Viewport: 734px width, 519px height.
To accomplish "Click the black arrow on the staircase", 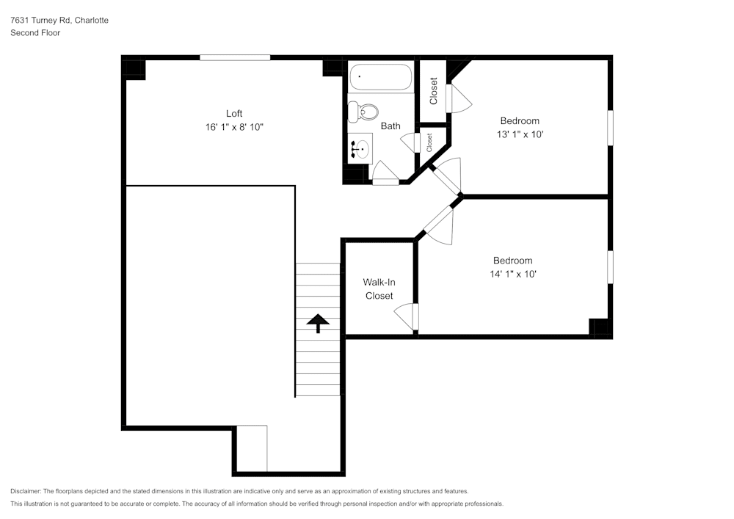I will (x=318, y=324).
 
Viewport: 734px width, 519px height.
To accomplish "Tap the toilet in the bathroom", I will (x=363, y=112).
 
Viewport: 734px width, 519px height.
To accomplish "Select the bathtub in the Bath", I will (x=380, y=77).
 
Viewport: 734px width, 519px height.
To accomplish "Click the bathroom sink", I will (x=360, y=149).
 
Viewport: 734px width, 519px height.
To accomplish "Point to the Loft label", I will (x=234, y=113).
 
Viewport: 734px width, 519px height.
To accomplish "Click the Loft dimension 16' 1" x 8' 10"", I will (x=234, y=127).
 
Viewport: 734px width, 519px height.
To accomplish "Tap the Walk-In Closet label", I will (x=379, y=289).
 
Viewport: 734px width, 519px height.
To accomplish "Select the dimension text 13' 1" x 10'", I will (x=520, y=134).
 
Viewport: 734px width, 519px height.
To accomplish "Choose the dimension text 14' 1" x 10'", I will (x=512, y=274).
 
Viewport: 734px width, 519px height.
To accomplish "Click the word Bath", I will (x=390, y=126).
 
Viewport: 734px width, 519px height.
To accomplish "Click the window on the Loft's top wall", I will (x=235, y=57).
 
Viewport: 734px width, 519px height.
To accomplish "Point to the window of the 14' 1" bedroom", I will (x=610, y=267).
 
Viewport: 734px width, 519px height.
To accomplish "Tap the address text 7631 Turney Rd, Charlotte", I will (x=59, y=21).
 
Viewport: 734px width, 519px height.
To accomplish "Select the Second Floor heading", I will (x=35, y=33).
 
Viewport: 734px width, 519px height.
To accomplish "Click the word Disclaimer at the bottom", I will (x=26, y=491).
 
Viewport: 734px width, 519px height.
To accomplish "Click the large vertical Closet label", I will (x=433, y=91).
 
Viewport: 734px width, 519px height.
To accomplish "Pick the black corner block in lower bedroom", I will (x=601, y=327).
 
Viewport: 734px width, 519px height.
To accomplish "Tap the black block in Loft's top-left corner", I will (x=134, y=68).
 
